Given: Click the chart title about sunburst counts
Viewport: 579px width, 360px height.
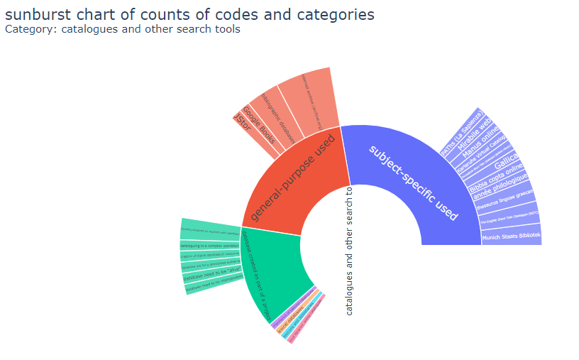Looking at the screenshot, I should (189, 13).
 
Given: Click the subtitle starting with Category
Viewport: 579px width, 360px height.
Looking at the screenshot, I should (122, 29).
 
